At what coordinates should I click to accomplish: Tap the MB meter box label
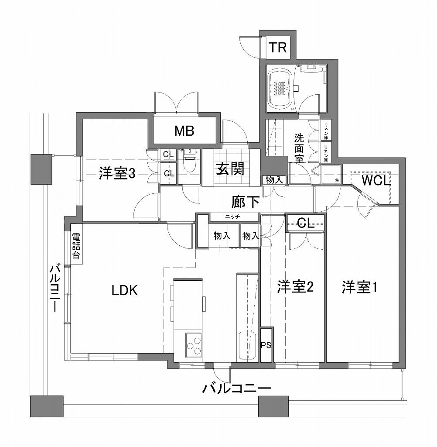[x=184, y=131]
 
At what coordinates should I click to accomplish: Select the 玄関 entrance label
[x=230, y=169]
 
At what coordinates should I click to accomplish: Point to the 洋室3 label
[x=117, y=173]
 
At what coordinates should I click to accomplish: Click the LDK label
[x=125, y=290]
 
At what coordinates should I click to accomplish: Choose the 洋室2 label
[x=295, y=286]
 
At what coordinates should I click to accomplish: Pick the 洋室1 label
[x=359, y=287]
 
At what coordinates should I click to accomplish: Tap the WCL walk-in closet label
[x=376, y=180]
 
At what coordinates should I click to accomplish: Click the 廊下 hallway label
[x=245, y=202]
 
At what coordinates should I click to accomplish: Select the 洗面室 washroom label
[x=299, y=148]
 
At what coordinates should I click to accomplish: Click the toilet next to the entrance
[x=188, y=161]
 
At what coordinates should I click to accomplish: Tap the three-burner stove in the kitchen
[x=194, y=345]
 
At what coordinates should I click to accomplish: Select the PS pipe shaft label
[x=266, y=345]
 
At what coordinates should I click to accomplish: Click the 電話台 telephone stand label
[x=75, y=246]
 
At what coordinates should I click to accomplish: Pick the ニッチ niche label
[x=232, y=217]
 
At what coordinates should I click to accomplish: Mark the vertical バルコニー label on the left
[x=55, y=288]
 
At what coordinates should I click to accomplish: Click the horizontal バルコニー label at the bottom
[x=236, y=388]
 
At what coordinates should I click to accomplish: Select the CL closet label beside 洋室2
[x=306, y=223]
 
